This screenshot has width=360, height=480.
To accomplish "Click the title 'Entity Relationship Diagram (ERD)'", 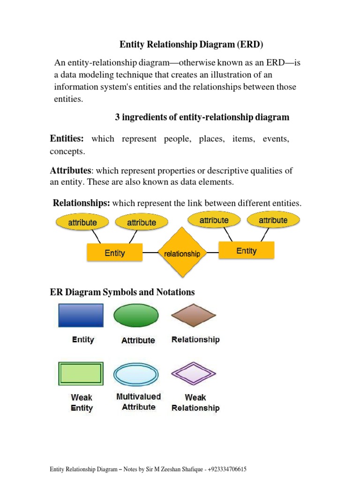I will coord(192,45).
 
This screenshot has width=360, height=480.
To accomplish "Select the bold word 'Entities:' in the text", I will coord(67,139).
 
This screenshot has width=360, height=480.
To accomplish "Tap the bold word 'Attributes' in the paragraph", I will coord(70,171).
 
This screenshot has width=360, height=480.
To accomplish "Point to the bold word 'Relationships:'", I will coord(82,203).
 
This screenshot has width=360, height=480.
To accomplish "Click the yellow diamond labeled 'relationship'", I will coord(182,254).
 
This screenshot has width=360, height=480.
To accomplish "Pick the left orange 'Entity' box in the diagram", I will coord(114,253).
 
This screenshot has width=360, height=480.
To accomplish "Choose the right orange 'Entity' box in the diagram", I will coord(247,251).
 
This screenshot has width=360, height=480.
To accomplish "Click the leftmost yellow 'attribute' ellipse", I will coord(82,222).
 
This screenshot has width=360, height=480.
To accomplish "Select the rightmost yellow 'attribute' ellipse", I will coord(273,220).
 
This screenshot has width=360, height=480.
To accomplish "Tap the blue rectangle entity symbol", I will coord(81,315).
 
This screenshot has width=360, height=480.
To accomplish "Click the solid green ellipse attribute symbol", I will coord(136,315).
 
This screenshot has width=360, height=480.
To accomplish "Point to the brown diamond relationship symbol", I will coord(194,315).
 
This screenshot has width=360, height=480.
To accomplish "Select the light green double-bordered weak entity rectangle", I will coord(81,374).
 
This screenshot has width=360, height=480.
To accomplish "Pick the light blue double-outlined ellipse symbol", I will coord(136,374).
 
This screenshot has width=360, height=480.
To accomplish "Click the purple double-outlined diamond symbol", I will coord(194,374).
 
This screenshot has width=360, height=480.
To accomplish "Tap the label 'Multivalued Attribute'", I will coord(138,402).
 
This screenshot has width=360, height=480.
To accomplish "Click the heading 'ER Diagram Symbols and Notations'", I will coord(122,292).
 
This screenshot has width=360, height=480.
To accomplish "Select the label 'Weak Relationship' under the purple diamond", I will coord(195,403).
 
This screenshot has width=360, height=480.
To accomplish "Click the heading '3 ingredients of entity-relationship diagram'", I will coord(202,117).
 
